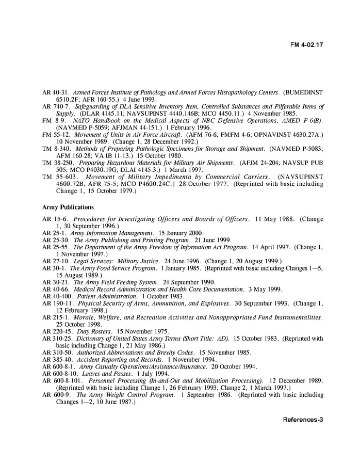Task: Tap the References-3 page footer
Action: tap(303, 419)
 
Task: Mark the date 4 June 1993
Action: tap(141, 99)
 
